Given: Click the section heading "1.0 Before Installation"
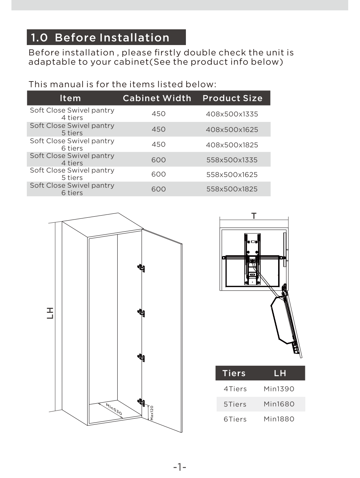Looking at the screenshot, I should point(100,38).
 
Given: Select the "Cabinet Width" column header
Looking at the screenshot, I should point(157,98).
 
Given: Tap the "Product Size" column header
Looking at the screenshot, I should point(232,98).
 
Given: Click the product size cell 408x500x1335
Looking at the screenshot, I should point(232,114).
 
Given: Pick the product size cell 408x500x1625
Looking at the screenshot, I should point(232,130).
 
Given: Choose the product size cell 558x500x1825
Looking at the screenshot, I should point(232,189).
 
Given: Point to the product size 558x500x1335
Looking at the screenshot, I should point(232,160).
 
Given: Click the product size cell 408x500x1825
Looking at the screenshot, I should point(232,145).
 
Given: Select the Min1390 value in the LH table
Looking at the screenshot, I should point(279,389).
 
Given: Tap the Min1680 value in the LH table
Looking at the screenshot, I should point(279,404).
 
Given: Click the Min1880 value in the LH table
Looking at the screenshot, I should point(279,419).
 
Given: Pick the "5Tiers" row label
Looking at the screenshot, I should point(235,404).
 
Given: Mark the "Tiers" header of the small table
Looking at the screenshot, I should point(234,373).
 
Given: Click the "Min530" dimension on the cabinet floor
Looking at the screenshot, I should point(114,409).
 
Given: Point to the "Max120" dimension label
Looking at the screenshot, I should point(152,413).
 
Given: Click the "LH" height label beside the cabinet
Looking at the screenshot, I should point(50,313).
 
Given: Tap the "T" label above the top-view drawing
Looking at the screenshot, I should point(254,216).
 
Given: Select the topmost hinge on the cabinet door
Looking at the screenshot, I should point(142,268).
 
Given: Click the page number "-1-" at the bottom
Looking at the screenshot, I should point(179,467).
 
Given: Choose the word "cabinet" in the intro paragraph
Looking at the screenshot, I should point(131,62).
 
